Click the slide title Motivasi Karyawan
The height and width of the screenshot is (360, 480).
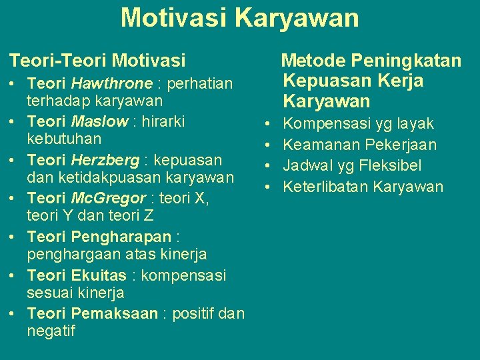[240, 18]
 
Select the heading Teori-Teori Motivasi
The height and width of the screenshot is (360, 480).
[97, 61]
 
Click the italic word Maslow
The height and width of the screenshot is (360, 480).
[98, 122]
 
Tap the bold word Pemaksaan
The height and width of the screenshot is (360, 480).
[114, 313]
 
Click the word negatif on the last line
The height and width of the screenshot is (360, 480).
[51, 331]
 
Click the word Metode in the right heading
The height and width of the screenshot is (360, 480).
[313, 61]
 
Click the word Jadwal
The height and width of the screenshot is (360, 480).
[305, 165]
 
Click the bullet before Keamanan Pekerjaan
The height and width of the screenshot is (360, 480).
[266, 145]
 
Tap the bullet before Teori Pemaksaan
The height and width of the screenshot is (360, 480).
[14, 314]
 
